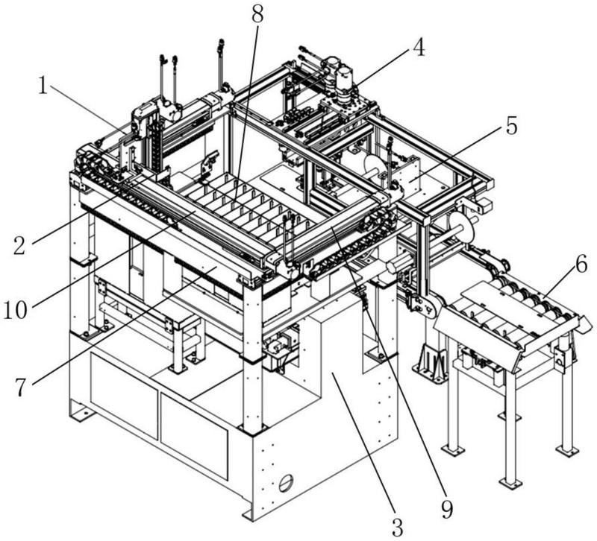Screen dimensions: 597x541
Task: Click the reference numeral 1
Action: pos(43,86)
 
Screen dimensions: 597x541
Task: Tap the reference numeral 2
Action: pos(19,245)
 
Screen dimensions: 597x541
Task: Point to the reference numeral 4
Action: pos(419,48)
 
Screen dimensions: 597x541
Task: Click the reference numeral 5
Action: pos(512,127)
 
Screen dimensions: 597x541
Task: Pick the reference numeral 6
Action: pos(581,265)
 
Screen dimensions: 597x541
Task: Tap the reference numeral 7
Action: pos(21,387)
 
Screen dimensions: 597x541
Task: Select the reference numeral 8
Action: pos(257,14)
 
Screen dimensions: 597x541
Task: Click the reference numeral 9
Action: pos(447,509)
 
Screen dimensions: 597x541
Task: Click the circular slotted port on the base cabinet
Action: pos(286,484)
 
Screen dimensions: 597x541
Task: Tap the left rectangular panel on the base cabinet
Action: pos(124,395)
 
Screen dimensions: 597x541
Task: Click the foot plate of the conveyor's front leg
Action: pos(510,482)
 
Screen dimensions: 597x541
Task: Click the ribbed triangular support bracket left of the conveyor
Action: pos(431,359)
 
